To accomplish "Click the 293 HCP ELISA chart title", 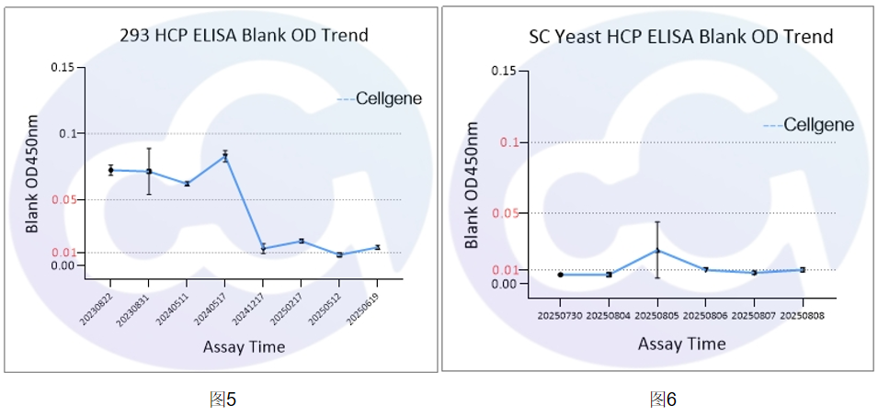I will click(x=244, y=36).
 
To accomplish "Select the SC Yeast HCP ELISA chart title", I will click(x=680, y=37).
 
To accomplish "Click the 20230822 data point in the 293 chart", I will click(x=110, y=170).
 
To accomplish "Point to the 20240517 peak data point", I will click(x=224, y=156).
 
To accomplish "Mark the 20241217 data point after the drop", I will click(x=263, y=248).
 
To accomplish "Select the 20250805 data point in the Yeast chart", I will click(x=657, y=250).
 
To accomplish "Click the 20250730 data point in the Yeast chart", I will click(x=560, y=275).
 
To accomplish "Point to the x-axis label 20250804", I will click(x=608, y=315).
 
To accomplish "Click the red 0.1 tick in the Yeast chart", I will click(x=508, y=142).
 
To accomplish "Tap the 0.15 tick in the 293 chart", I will click(x=62, y=67).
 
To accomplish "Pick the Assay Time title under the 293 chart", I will click(x=244, y=346).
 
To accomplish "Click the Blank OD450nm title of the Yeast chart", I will click(x=473, y=188).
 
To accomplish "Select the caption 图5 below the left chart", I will click(x=223, y=399).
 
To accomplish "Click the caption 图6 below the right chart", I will click(x=663, y=399).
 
